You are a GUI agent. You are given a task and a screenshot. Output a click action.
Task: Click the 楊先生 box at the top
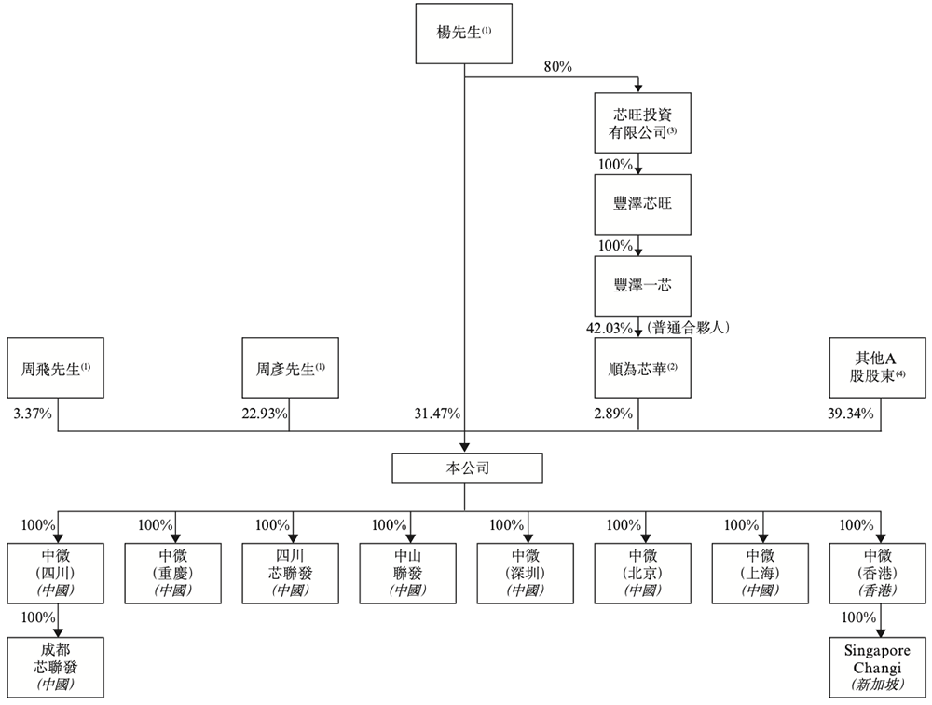point(463,34)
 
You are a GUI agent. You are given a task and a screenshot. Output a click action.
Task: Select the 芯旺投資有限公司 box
point(642,123)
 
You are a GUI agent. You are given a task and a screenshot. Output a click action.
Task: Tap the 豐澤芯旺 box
point(642,204)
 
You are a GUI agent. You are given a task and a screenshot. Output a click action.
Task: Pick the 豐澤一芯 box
point(642,286)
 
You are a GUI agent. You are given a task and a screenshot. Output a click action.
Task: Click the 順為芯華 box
point(642,368)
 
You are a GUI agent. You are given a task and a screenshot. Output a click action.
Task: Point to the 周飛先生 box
point(55,368)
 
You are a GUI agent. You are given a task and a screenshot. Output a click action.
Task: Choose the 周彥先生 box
point(290,368)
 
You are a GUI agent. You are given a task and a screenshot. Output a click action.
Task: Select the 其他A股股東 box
point(877,368)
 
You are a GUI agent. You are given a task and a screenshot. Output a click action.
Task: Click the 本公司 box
point(467,468)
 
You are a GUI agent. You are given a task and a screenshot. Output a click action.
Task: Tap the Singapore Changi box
point(877,668)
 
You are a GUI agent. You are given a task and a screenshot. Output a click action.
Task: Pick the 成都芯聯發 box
point(55,668)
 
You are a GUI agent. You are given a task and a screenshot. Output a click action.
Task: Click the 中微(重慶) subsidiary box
point(173,574)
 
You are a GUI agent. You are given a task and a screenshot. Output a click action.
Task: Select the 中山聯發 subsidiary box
point(408,574)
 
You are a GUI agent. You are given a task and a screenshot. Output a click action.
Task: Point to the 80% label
point(557,66)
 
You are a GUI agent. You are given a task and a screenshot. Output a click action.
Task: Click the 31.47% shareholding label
point(437,414)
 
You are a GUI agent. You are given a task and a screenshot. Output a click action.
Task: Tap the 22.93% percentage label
point(265,414)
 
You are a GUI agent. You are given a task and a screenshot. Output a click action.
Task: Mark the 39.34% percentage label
point(851,414)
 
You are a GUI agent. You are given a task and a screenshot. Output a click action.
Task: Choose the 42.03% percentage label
point(610,328)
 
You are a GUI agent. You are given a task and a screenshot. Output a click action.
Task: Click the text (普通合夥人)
point(689,327)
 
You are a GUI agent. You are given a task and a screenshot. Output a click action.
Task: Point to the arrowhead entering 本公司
point(465,448)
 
